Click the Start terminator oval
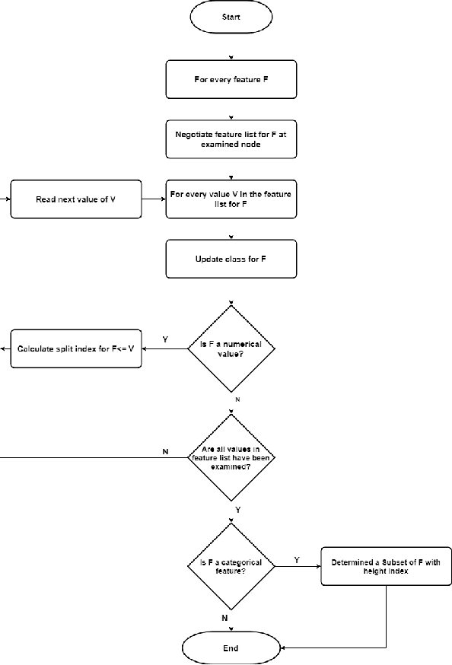pyautogui.click(x=231, y=17)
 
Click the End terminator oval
pyautogui.click(x=231, y=647)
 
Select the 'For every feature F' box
pyautogui.click(x=231, y=79)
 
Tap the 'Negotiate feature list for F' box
pyautogui.click(x=231, y=138)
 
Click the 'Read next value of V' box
pyautogui.click(x=75, y=199)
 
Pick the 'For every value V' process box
pyautogui.click(x=231, y=199)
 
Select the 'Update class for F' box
pyautogui.click(x=231, y=259)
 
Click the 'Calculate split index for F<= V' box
pyautogui.click(x=75, y=349)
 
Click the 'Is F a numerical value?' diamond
pyautogui.click(x=231, y=349)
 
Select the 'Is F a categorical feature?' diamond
pyautogui.click(x=231, y=566)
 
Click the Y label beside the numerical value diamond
pyautogui.click(x=165, y=339)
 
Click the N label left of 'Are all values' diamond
pyautogui.click(x=165, y=451)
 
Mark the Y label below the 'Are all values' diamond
pyautogui.click(x=237, y=508)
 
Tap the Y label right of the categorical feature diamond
pyautogui.click(x=297, y=559)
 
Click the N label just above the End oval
pyautogui.click(x=224, y=619)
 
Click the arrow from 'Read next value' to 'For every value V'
pyautogui.click(x=153, y=199)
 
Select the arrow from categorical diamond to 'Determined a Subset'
pyautogui.click(x=298, y=566)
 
